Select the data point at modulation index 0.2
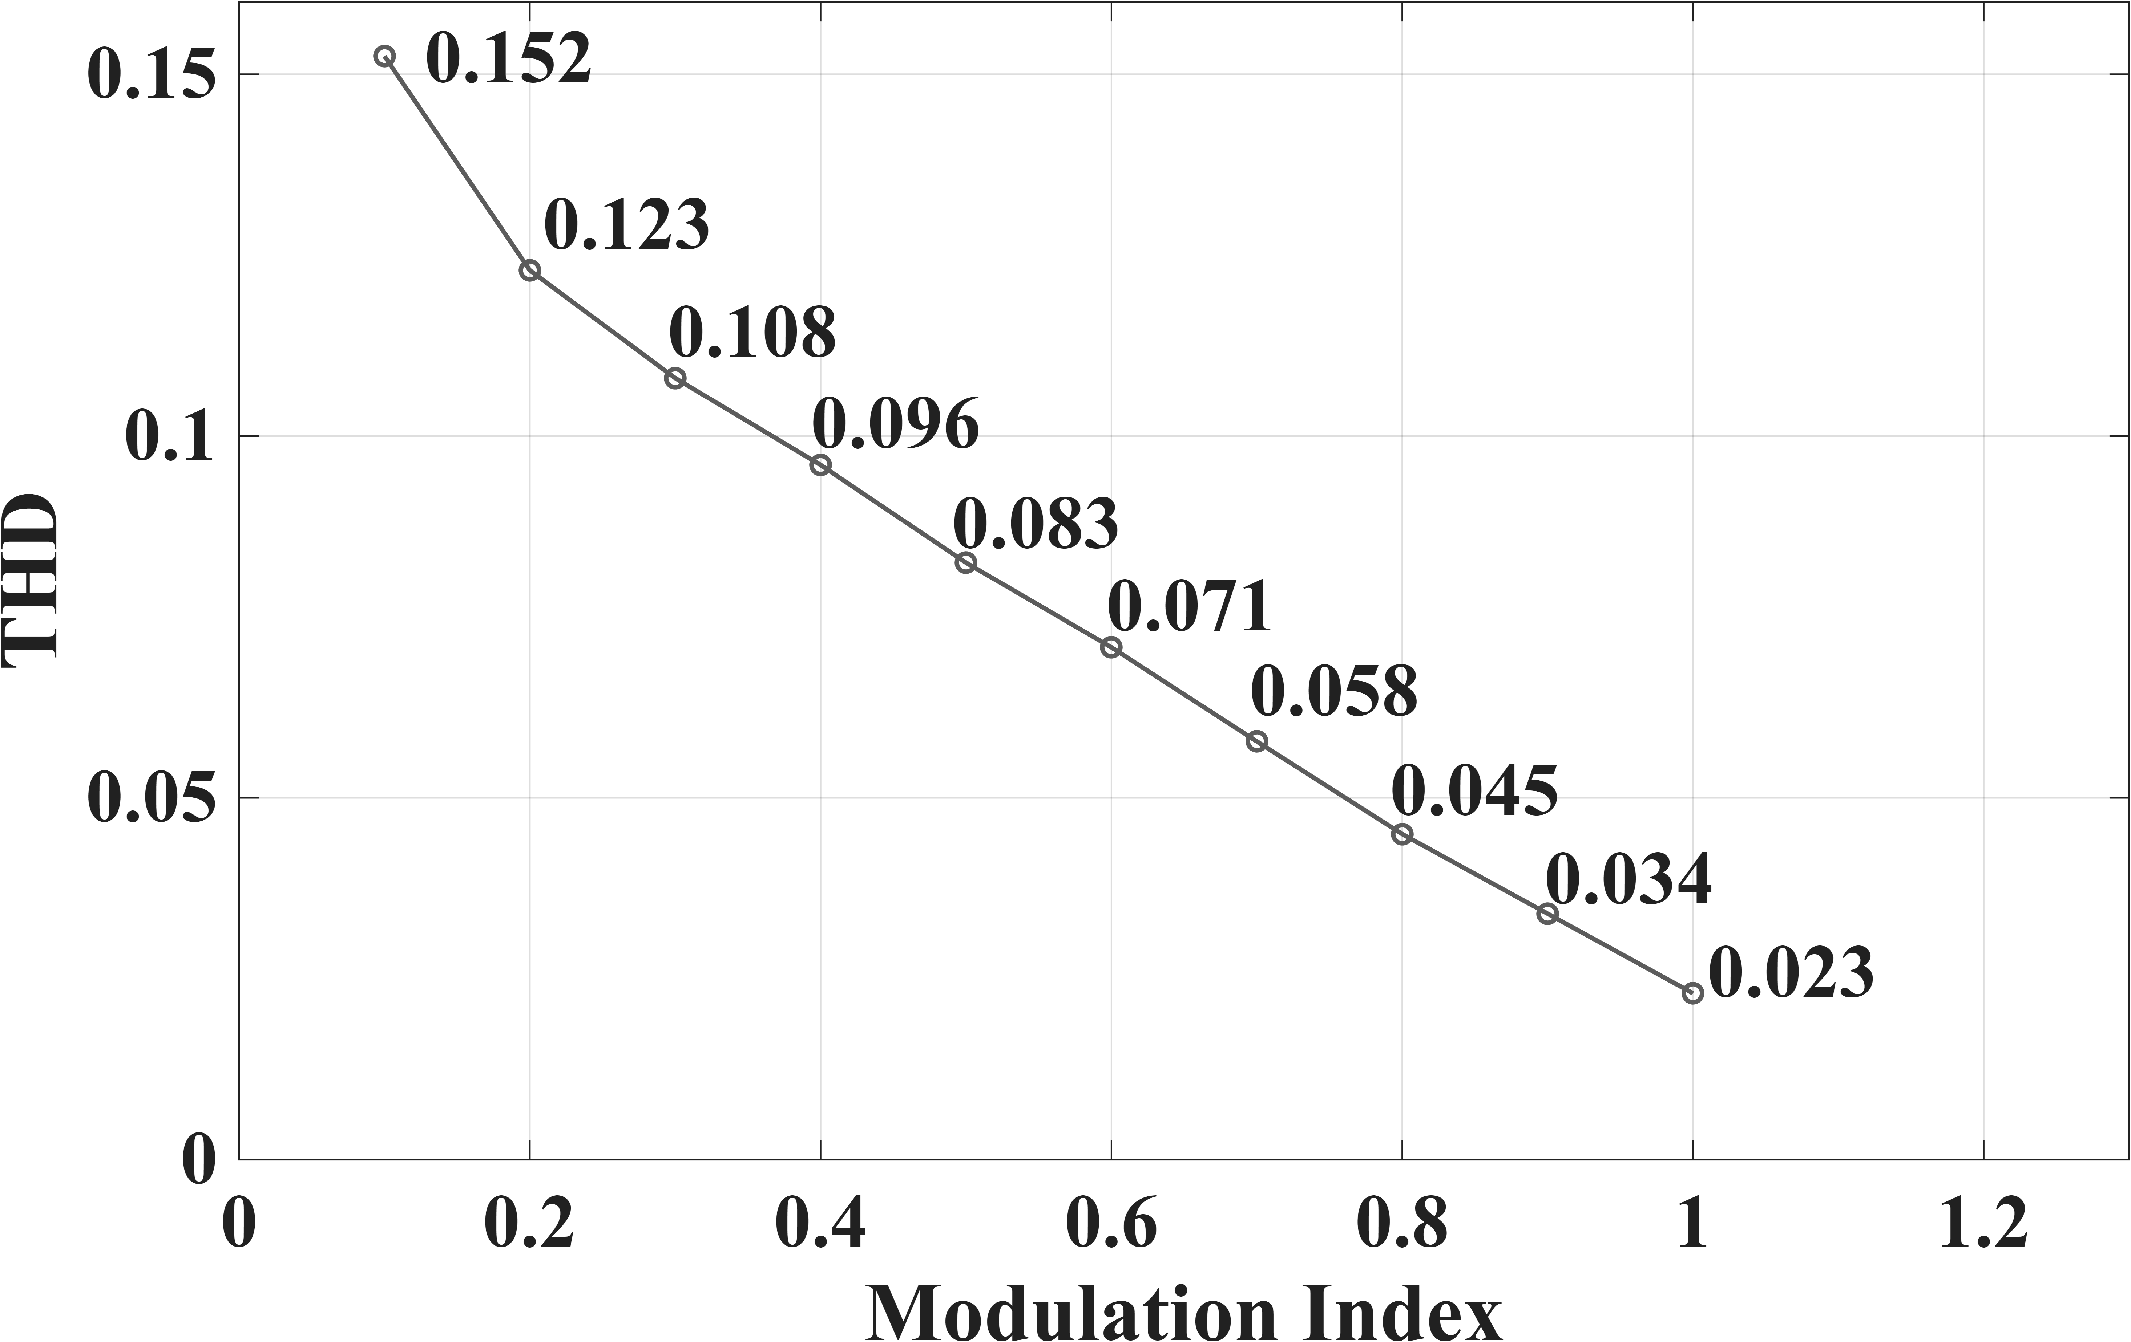(529, 270)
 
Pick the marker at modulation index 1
(1692, 993)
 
